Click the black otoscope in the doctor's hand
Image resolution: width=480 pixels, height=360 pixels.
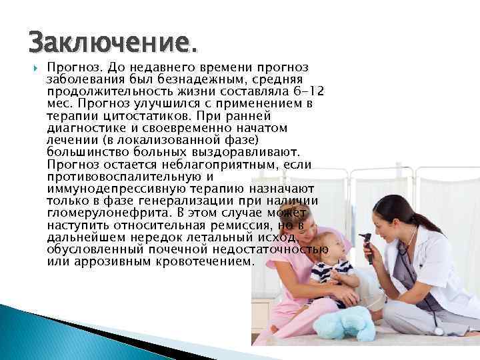pos(366,241)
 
